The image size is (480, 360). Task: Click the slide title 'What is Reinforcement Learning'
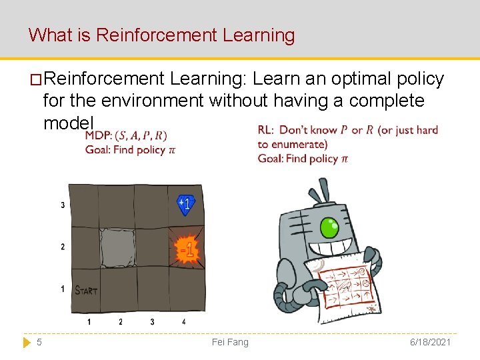(161, 35)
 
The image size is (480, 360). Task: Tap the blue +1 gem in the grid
(185, 205)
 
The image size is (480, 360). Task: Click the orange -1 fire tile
(187, 249)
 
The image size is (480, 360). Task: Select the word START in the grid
(85, 290)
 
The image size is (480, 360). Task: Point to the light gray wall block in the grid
(118, 247)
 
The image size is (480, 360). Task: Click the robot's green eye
(329, 228)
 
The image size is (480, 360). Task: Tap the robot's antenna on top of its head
(322, 190)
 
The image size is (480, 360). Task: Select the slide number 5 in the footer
(39, 342)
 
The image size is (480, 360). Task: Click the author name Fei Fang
(230, 342)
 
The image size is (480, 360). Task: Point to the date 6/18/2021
(430, 342)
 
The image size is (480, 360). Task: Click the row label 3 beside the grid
(63, 205)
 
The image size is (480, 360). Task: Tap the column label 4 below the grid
(183, 322)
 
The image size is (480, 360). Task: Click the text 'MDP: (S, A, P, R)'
(126, 136)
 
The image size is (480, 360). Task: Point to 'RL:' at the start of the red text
(266, 130)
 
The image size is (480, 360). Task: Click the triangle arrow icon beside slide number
(27, 342)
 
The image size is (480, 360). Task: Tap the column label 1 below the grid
(89, 322)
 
